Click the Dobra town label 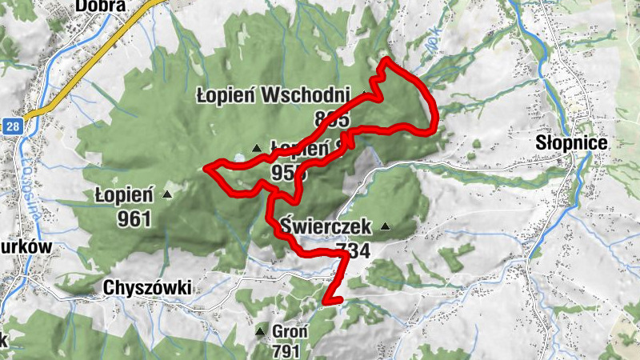pos(101,6)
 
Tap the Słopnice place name pos(571,143)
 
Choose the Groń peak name pos(286,330)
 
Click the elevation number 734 pos(353,250)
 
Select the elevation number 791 pos(286,351)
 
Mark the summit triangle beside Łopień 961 pos(167,194)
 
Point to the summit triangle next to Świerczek pos(386,227)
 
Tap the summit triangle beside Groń pos(259,331)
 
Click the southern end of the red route pos(326,302)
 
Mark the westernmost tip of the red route pos(206,168)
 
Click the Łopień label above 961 pos(123,194)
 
